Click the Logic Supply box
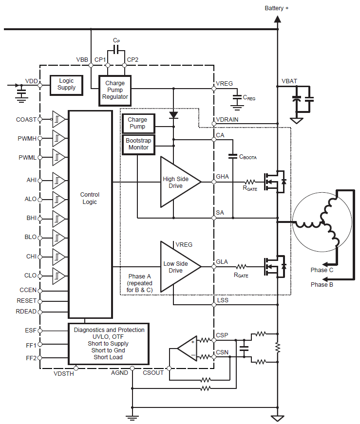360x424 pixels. [x=66, y=84]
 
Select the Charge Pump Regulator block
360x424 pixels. [x=115, y=90]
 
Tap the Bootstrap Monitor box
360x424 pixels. [x=138, y=144]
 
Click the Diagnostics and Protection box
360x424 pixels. [x=109, y=344]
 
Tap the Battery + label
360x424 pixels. [x=277, y=8]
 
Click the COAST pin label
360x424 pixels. [x=26, y=119]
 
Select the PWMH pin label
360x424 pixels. [x=27, y=138]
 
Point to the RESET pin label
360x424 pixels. [x=26, y=301]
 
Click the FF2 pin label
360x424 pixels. [x=31, y=358]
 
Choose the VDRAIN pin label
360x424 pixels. [x=227, y=120]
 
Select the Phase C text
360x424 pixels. [x=322, y=270]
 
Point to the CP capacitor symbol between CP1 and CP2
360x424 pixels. [x=116, y=50]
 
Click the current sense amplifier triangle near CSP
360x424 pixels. [x=187, y=348]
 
